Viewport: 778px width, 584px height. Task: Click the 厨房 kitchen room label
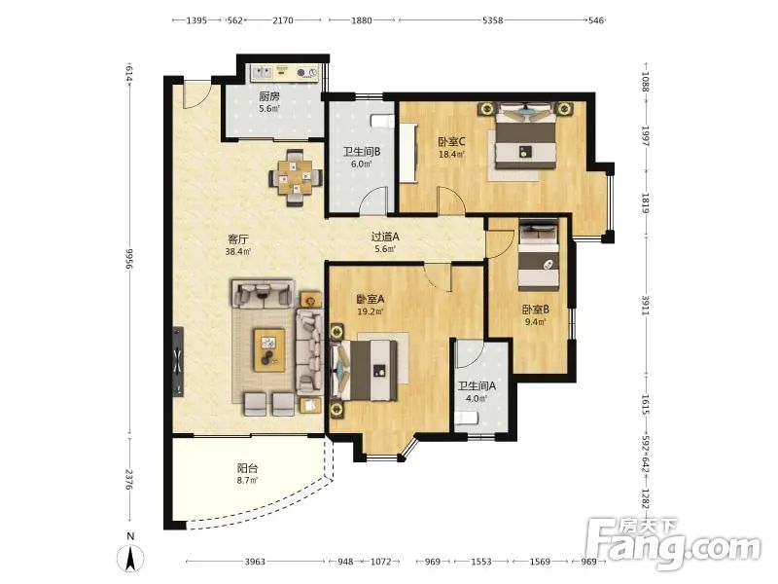269,96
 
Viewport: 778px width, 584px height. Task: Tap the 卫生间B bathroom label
362,152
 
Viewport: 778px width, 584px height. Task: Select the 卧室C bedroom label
451,142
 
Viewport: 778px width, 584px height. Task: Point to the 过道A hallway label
385,237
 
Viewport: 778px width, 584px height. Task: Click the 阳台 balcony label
247,468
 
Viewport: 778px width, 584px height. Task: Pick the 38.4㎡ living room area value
237,252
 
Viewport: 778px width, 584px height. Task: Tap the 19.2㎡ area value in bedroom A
371,311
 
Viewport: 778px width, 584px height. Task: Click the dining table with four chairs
296,178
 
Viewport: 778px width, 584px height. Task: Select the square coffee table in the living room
269,350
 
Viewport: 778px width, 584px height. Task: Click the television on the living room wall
178,361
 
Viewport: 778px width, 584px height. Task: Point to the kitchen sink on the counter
261,73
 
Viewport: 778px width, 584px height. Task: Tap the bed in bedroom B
539,255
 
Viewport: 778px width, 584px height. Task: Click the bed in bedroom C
525,135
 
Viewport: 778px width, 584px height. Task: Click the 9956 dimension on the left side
130,259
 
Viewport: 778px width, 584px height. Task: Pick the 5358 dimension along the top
493,20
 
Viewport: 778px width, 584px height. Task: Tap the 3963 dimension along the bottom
255,562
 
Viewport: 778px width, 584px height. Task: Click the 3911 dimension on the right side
645,305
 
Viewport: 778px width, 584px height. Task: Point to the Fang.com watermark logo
673,545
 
